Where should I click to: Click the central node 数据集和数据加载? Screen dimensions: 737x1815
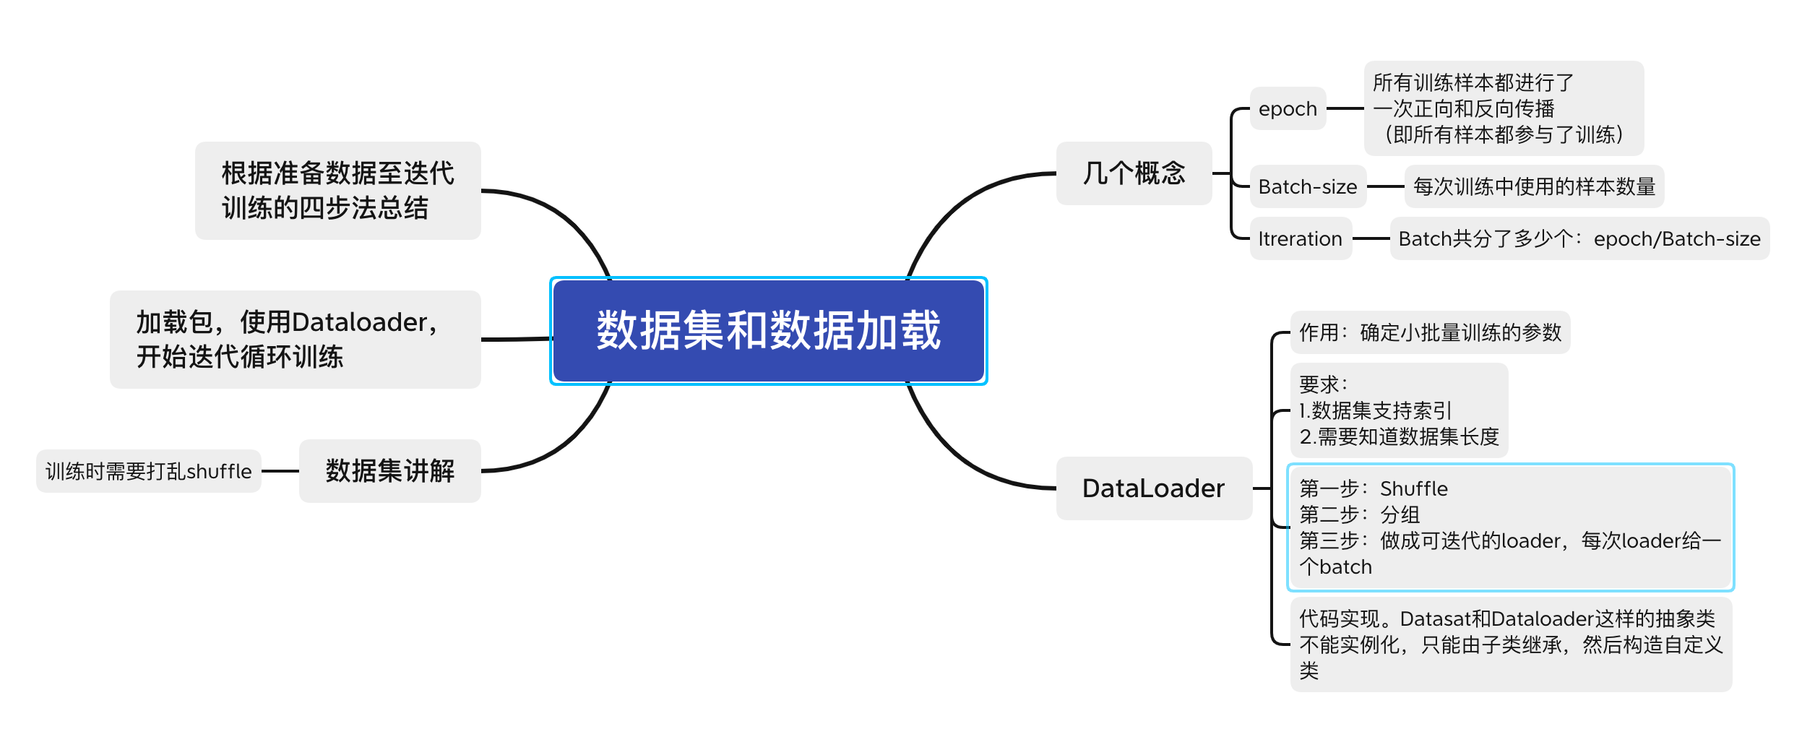(x=768, y=331)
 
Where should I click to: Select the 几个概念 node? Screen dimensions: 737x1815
(x=1133, y=173)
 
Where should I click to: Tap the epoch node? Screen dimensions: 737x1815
(x=1288, y=109)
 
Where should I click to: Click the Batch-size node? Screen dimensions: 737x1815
(x=1307, y=187)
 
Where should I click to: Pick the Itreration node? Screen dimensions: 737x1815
(x=1300, y=239)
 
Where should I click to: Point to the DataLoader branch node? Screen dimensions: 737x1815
(x=1153, y=488)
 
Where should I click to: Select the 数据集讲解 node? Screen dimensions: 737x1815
(x=389, y=471)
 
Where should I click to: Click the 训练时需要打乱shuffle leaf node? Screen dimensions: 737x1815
(x=148, y=472)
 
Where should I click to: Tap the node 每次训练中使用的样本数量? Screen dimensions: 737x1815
(x=1533, y=187)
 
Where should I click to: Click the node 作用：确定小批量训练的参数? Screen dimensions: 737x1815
(x=1430, y=332)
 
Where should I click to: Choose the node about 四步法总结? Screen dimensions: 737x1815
(x=337, y=191)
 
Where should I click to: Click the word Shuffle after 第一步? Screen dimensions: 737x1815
(x=1413, y=489)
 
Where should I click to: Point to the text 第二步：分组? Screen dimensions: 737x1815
(x=1359, y=515)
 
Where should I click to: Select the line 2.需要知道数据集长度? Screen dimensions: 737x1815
(x=1399, y=437)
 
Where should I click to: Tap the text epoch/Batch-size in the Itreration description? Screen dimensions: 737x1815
(x=1676, y=239)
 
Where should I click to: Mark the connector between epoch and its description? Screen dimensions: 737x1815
(x=1345, y=109)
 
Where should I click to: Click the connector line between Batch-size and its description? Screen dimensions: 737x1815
(x=1385, y=187)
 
